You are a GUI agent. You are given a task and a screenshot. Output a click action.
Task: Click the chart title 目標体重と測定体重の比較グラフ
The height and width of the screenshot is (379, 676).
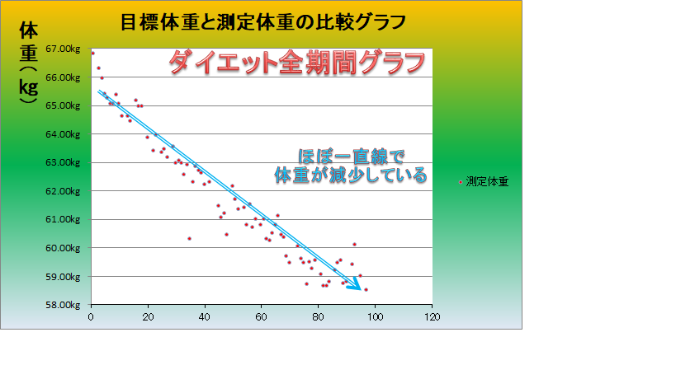pyautogui.click(x=263, y=22)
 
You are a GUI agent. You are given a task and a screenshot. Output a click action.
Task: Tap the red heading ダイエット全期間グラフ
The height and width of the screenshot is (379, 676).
pyautogui.click(x=297, y=63)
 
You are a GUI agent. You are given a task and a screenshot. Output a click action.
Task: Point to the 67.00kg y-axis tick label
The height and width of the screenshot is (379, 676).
pyautogui.click(x=63, y=49)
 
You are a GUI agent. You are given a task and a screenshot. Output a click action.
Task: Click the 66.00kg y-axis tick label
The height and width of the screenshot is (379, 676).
pyautogui.click(x=63, y=77)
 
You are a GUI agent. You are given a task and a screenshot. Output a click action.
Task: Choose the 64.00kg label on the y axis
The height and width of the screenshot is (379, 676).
pyautogui.click(x=63, y=134)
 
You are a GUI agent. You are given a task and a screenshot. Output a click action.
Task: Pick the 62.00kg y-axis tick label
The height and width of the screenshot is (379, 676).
pyautogui.click(x=63, y=191)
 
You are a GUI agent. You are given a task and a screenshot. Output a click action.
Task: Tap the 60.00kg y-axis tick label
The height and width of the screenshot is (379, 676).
pyautogui.click(x=63, y=248)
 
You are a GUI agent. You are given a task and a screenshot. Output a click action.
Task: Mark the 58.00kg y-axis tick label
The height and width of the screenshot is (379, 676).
pyautogui.click(x=63, y=305)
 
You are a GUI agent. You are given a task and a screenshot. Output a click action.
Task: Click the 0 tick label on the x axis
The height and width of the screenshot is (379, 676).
pyautogui.click(x=91, y=317)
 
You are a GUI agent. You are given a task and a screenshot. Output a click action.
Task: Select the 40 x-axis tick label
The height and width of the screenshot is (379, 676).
pyautogui.click(x=205, y=317)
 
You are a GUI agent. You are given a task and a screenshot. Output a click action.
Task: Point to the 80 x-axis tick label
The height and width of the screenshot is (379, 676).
pyautogui.click(x=318, y=317)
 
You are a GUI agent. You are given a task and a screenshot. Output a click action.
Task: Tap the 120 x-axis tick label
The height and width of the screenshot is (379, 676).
pyautogui.click(x=432, y=317)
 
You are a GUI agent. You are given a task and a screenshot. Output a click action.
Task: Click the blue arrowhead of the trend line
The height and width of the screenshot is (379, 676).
pyautogui.click(x=356, y=285)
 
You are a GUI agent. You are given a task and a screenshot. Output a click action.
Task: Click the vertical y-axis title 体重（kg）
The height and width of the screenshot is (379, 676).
pyautogui.click(x=28, y=62)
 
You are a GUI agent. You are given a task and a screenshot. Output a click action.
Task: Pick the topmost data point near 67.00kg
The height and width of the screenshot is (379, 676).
pyautogui.click(x=93, y=54)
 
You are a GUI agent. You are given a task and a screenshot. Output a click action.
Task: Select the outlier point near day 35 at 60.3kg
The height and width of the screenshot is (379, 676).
pyautogui.click(x=189, y=238)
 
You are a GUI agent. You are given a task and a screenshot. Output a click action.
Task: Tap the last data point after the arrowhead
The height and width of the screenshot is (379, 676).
pyautogui.click(x=366, y=289)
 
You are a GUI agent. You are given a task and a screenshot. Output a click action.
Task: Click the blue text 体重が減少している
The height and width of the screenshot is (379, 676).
pyautogui.click(x=351, y=175)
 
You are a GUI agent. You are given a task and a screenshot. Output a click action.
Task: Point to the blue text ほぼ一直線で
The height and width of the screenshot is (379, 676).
pyautogui.click(x=351, y=157)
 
